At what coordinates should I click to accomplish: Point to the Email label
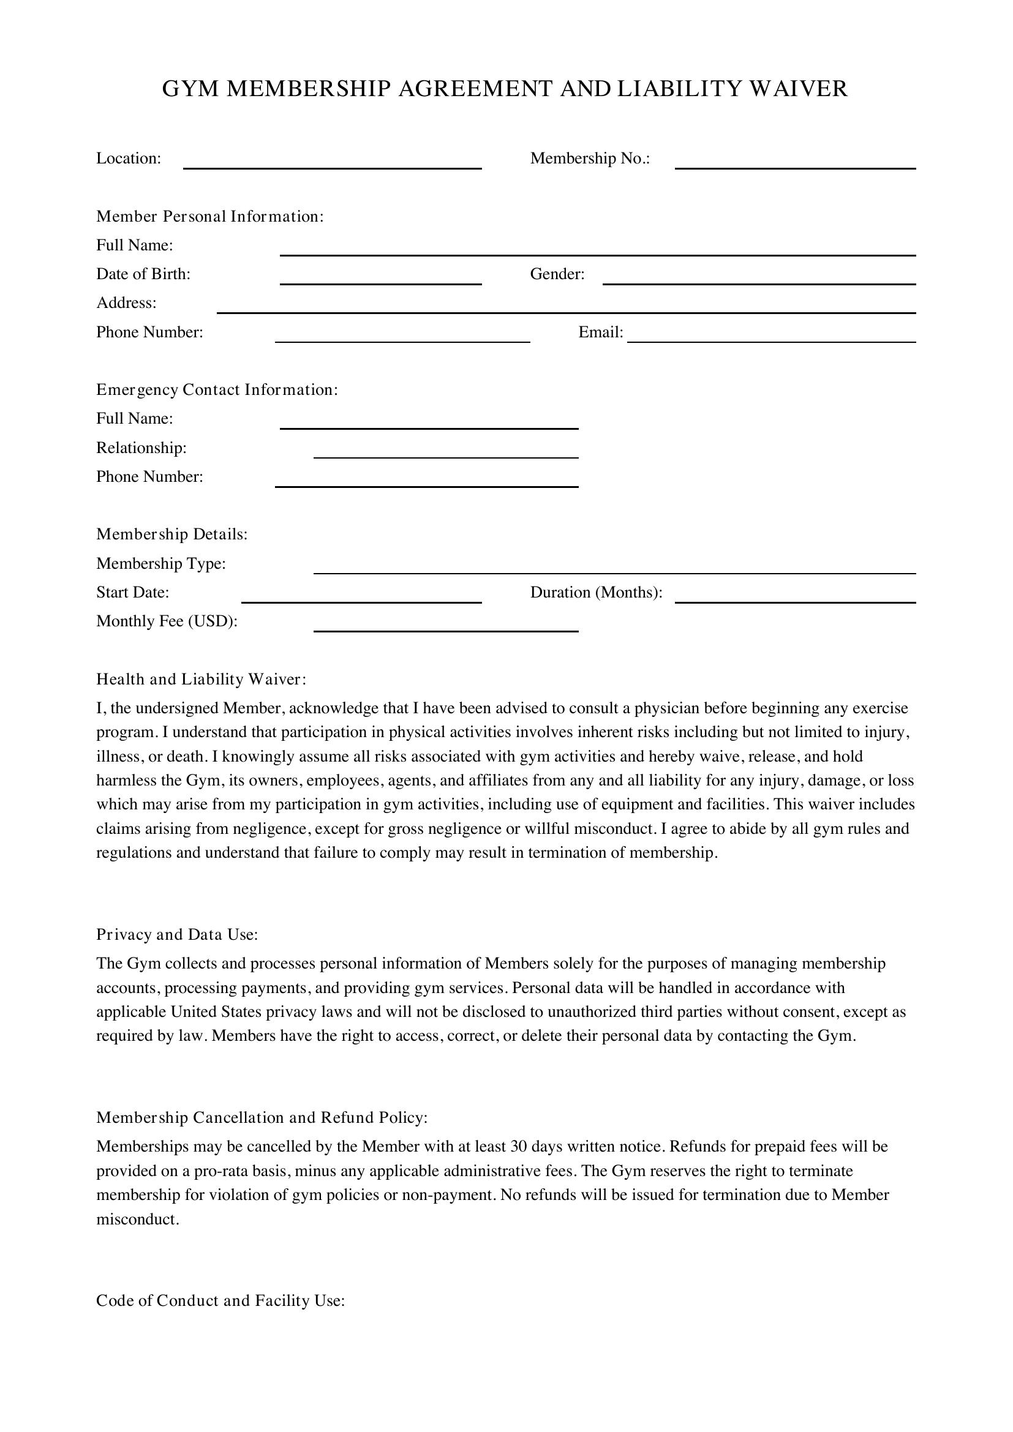600,332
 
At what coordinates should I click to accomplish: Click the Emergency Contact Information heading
216,390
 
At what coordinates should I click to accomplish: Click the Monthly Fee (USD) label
167,621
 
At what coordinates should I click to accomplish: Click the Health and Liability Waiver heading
201,679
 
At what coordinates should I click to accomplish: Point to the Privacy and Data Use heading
176,934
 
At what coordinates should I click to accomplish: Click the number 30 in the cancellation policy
519,1146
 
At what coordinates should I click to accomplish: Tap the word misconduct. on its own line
137,1219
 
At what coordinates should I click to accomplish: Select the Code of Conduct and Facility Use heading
220,1300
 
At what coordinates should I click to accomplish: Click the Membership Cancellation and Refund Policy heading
262,1117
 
